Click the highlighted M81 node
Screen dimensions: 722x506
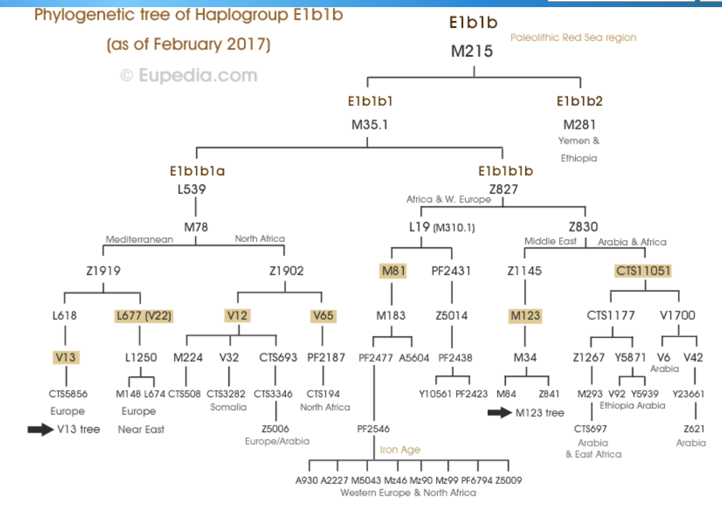(x=393, y=270)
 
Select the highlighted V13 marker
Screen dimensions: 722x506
(x=65, y=357)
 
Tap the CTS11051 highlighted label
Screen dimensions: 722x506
(x=643, y=270)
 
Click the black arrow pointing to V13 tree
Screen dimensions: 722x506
(x=41, y=430)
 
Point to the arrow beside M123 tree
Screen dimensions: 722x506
(x=499, y=413)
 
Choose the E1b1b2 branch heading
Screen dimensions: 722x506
(x=579, y=102)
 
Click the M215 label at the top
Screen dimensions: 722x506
(x=472, y=51)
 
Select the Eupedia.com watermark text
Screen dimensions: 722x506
(x=189, y=76)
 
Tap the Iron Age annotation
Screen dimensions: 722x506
(x=400, y=450)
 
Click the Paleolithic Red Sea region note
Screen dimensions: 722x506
(x=573, y=38)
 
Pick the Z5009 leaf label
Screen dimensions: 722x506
(x=509, y=480)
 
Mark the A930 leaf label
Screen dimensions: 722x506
(x=307, y=480)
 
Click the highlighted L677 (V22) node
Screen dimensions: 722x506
(x=144, y=316)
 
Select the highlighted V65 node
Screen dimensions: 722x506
(x=323, y=316)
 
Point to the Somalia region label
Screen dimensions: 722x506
(x=228, y=407)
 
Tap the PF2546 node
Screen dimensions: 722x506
(x=373, y=429)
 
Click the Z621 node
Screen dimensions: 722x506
(x=694, y=429)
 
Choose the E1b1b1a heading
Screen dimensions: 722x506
(x=197, y=171)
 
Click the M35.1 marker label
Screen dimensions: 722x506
(x=370, y=125)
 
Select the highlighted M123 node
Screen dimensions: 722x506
(x=525, y=316)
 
